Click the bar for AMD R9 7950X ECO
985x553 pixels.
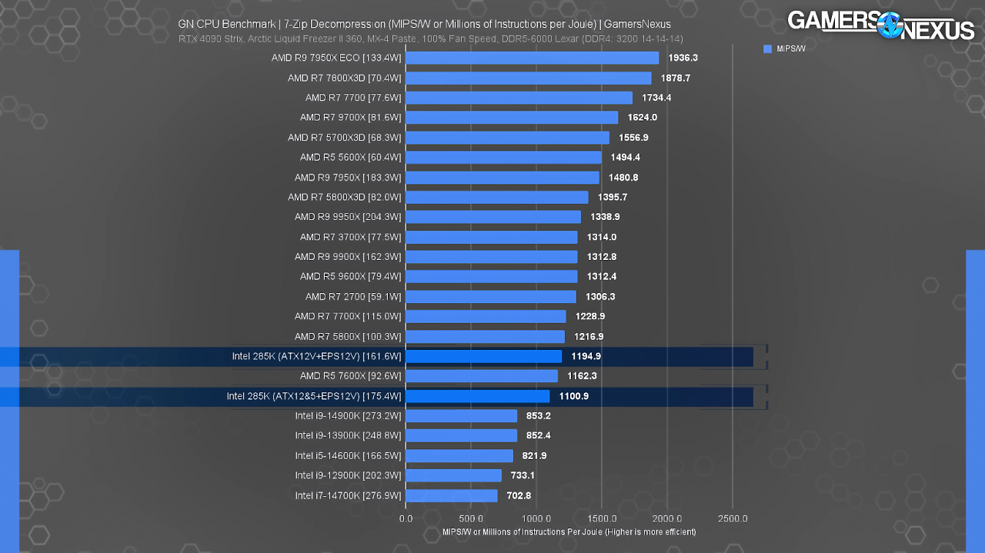[x=532, y=58]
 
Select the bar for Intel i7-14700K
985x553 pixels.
[x=452, y=496]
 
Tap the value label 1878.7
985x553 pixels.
[x=676, y=78]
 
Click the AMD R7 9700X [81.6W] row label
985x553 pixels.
[x=350, y=118]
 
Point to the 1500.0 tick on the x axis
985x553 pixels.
[x=602, y=519]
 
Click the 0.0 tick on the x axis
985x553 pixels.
[x=406, y=519]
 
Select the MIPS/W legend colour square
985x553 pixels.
[x=768, y=48]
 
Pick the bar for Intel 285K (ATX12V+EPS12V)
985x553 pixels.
[x=484, y=357]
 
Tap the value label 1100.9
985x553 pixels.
[x=574, y=397]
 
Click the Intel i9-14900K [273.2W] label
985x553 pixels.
[x=349, y=416]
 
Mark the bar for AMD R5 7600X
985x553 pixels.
[x=482, y=376]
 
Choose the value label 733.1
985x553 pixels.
[x=523, y=475]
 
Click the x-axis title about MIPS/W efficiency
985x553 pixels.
[x=569, y=532]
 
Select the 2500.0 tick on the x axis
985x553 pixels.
[x=733, y=519]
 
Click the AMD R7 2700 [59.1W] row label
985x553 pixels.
[x=353, y=297]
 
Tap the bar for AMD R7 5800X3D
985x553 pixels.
[x=497, y=198]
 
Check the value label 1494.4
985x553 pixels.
[x=626, y=158]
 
